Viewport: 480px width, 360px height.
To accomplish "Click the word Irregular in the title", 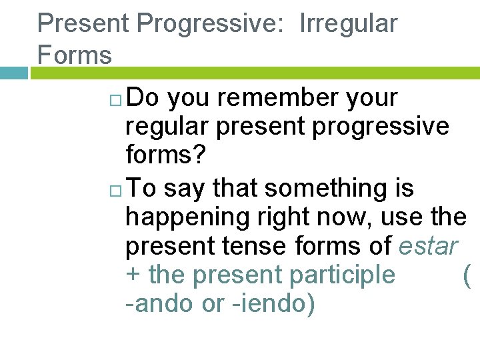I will click(x=348, y=23).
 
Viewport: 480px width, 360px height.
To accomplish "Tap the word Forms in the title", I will click(x=75, y=55).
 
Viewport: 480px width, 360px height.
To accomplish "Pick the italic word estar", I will click(x=428, y=245).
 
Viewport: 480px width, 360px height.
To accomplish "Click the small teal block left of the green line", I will click(x=14, y=73).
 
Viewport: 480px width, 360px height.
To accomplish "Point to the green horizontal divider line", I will click(x=253, y=73).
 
